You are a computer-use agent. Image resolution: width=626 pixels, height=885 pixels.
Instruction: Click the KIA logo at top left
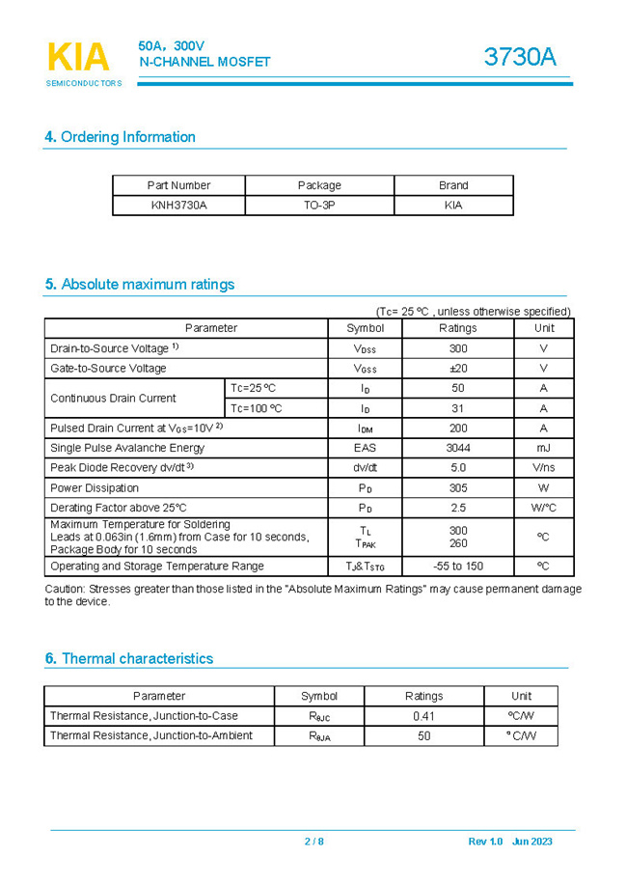pyautogui.click(x=78, y=59)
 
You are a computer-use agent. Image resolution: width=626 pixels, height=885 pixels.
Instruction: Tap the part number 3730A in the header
pyautogui.click(x=520, y=58)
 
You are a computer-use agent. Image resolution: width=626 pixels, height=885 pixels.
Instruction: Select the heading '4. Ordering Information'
pyautogui.click(x=120, y=137)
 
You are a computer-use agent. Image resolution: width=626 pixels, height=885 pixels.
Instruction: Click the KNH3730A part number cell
pyautogui.click(x=178, y=205)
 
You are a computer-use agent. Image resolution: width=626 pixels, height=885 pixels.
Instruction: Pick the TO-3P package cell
pyautogui.click(x=319, y=205)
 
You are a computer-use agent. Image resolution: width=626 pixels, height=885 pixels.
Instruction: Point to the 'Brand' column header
pyautogui.click(x=452, y=185)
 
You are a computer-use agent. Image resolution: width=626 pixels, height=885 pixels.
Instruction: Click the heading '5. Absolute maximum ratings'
pyautogui.click(x=139, y=285)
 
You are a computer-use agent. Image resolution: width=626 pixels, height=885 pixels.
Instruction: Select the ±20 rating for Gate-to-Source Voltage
pyautogui.click(x=457, y=368)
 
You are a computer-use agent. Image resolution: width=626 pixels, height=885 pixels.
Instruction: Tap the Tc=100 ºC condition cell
pyautogui.click(x=256, y=408)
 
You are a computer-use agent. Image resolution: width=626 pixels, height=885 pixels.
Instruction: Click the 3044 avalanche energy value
pyautogui.click(x=457, y=448)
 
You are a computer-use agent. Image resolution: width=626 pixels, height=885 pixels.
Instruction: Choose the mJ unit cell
pyautogui.click(x=543, y=448)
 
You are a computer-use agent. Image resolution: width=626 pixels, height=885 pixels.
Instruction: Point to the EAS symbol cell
pyautogui.click(x=365, y=448)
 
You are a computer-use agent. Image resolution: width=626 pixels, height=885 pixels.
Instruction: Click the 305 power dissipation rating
pyautogui.click(x=457, y=487)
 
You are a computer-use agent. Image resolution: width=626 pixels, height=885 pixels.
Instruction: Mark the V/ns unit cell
pyautogui.click(x=543, y=468)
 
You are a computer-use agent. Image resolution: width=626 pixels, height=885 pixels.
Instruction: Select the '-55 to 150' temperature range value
pyautogui.click(x=458, y=567)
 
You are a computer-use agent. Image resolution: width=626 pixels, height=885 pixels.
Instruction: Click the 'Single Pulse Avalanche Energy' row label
pyautogui.click(x=127, y=448)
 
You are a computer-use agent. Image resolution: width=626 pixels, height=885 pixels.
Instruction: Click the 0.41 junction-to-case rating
pyautogui.click(x=423, y=716)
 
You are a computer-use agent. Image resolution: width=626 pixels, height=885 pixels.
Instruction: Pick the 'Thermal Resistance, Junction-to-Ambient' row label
pyautogui.click(x=150, y=735)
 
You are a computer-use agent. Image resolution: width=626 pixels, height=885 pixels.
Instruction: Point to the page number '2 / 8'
pyautogui.click(x=313, y=842)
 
